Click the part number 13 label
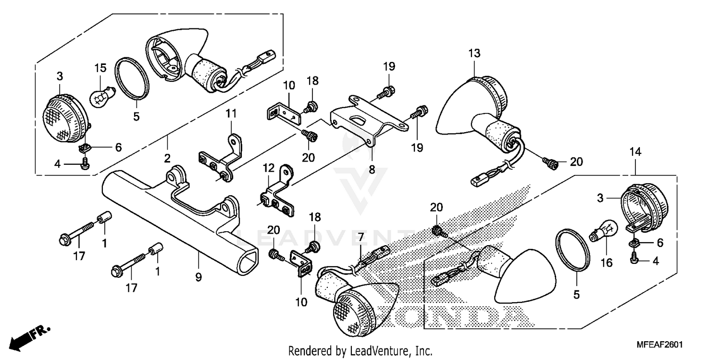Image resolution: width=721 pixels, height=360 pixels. [x=474, y=53]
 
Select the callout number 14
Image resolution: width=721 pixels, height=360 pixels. [x=635, y=152]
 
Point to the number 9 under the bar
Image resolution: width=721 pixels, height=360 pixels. [x=198, y=277]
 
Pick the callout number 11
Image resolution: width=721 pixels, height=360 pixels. [x=232, y=114]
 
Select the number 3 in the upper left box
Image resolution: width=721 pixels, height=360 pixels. [x=60, y=76]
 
